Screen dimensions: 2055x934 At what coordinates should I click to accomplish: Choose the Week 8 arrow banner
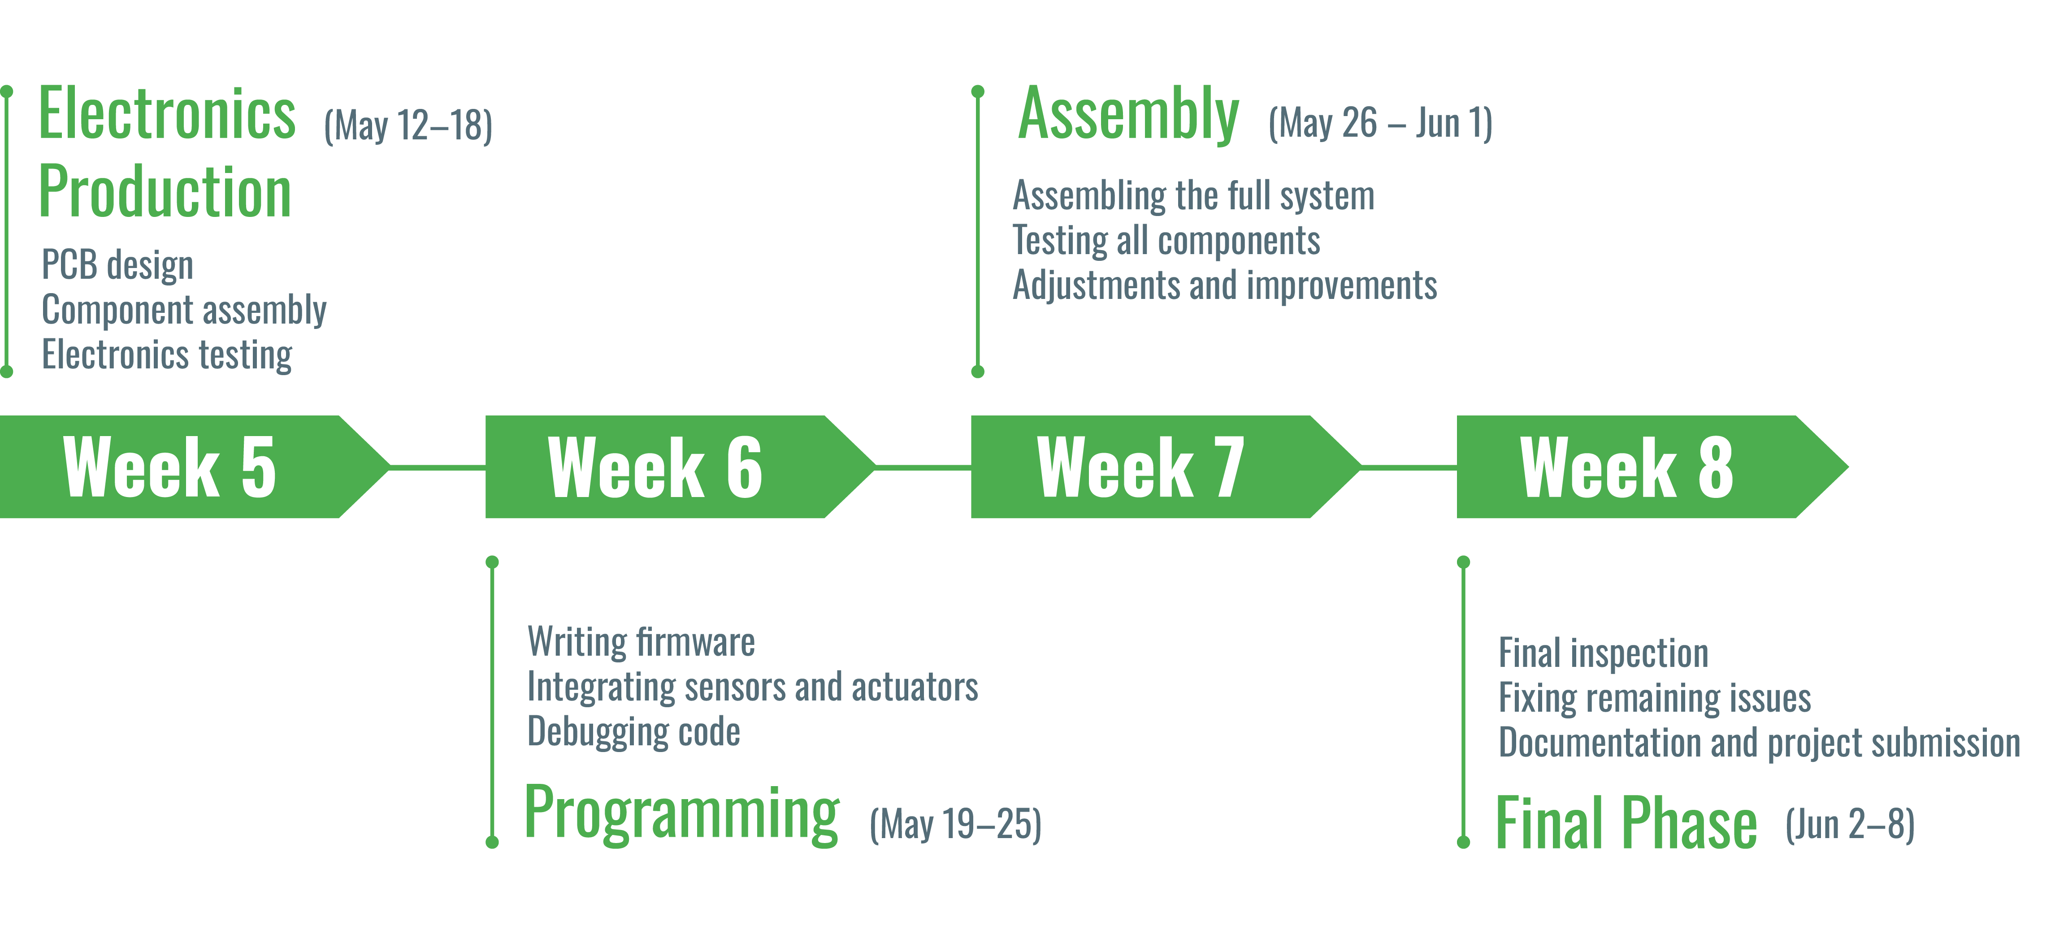click(x=1652, y=467)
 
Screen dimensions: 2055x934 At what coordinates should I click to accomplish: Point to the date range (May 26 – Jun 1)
click(x=1381, y=123)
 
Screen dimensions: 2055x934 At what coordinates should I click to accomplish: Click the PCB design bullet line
click(x=117, y=265)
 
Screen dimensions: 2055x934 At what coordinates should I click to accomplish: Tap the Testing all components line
click(x=1166, y=241)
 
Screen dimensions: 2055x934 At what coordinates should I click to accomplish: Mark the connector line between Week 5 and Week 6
click(x=438, y=467)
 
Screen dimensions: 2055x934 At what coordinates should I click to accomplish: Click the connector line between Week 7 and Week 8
click(x=1409, y=467)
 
